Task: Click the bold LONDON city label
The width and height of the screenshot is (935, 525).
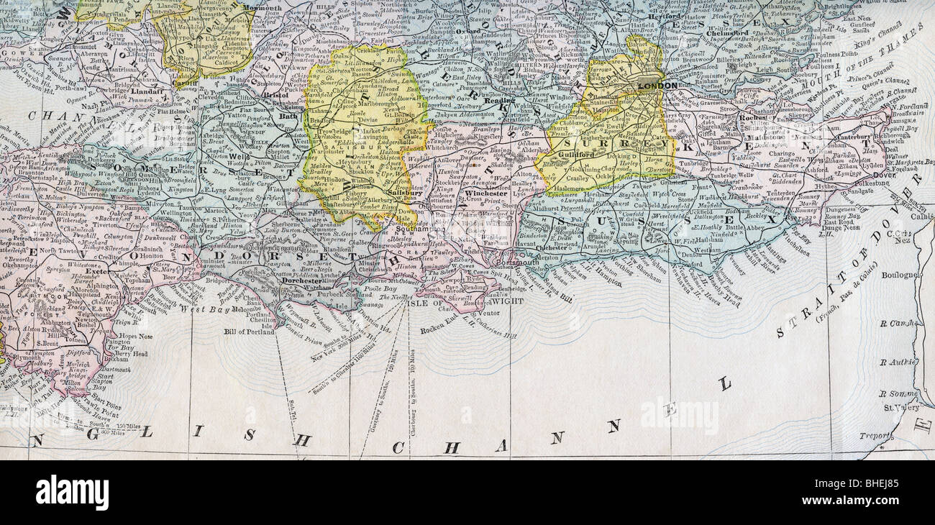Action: (657, 86)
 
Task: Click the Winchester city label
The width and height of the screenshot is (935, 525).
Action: (485, 193)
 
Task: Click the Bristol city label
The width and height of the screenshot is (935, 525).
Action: (275, 94)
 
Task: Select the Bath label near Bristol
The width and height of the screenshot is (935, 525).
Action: (288, 116)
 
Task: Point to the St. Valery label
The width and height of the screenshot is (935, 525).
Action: (898, 408)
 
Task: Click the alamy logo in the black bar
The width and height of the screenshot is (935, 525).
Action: (72, 493)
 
